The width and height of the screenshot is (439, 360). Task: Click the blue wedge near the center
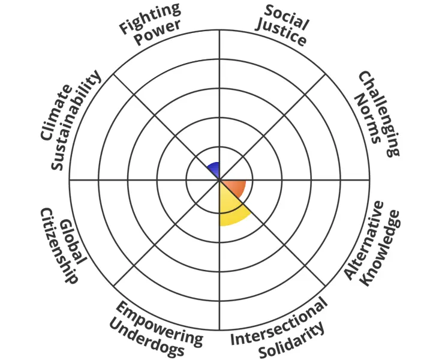point(214,169)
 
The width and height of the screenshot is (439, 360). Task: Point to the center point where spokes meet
point(220,179)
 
